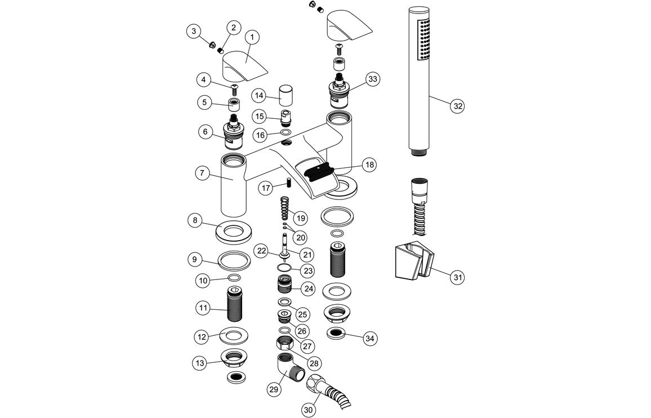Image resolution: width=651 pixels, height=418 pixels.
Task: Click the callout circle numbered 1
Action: tap(251, 38)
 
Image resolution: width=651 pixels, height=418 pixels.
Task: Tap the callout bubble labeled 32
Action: tap(458, 105)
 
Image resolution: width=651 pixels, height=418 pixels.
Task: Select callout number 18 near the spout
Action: tap(368, 164)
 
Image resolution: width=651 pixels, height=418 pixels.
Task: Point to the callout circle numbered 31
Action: tap(458, 277)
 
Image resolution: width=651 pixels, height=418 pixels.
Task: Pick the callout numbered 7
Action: tap(202, 174)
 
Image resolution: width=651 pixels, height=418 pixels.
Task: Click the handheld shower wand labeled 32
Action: tap(418, 79)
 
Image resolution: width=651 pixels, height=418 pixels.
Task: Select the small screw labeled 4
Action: tap(234, 87)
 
